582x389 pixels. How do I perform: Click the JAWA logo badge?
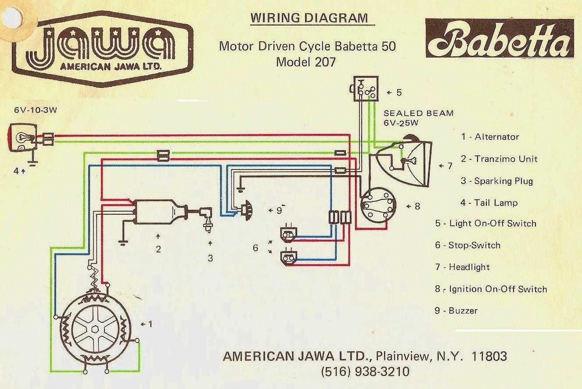tap(103, 49)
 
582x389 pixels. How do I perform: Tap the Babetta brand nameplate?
tap(499, 38)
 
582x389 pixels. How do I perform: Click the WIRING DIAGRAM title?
tap(309, 18)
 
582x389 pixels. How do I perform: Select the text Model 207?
tap(306, 62)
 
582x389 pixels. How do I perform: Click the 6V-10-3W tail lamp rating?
tap(36, 110)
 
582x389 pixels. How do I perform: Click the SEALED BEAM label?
tap(419, 113)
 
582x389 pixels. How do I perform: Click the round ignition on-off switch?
tap(378, 205)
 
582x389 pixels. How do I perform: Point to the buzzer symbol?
tap(247, 210)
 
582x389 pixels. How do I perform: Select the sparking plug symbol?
tap(207, 220)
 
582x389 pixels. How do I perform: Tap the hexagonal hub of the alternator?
tap(95, 329)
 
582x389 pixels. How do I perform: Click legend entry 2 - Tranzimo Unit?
tap(499, 159)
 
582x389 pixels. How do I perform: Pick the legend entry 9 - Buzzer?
tap(456, 310)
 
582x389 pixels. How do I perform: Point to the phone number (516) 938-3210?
tap(365, 371)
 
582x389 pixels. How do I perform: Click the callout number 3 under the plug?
tap(210, 258)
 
